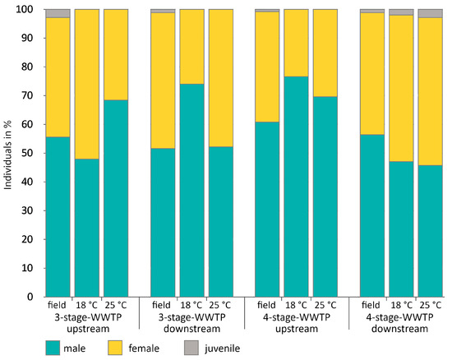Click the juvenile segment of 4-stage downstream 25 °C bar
tap(430, 13)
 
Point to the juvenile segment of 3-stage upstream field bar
tap(58, 13)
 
